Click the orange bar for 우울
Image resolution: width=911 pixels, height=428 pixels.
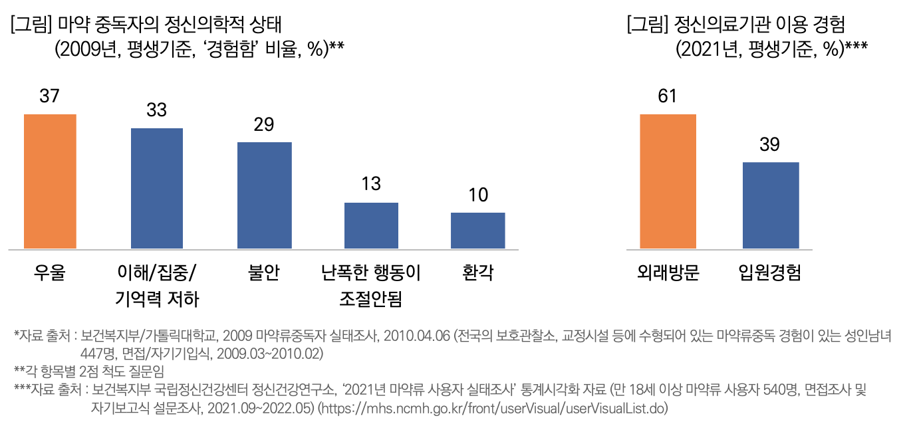(x=50, y=181)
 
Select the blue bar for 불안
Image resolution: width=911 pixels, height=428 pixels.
(x=265, y=195)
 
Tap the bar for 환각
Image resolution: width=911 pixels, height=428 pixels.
(x=477, y=231)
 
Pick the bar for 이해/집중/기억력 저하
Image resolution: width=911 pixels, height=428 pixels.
(x=157, y=189)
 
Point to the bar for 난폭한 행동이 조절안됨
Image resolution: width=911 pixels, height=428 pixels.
(x=371, y=226)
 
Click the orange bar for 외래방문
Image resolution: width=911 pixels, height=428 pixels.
(x=668, y=181)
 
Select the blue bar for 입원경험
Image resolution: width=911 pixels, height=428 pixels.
(x=770, y=205)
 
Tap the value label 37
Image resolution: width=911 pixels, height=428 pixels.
(x=50, y=96)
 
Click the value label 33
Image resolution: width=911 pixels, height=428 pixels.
(x=156, y=110)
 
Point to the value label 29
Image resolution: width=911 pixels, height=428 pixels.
(x=264, y=125)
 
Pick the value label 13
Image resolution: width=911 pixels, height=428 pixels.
(x=371, y=184)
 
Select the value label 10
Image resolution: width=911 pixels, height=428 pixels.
(x=477, y=195)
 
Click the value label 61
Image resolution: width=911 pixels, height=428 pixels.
(x=667, y=96)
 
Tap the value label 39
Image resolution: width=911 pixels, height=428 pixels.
(x=769, y=145)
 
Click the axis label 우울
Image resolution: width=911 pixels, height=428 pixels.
(x=50, y=272)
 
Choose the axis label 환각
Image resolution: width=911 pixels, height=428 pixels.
(x=477, y=272)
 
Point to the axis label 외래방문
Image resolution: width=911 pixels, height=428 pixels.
(x=668, y=272)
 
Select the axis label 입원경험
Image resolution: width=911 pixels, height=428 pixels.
(x=770, y=272)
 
